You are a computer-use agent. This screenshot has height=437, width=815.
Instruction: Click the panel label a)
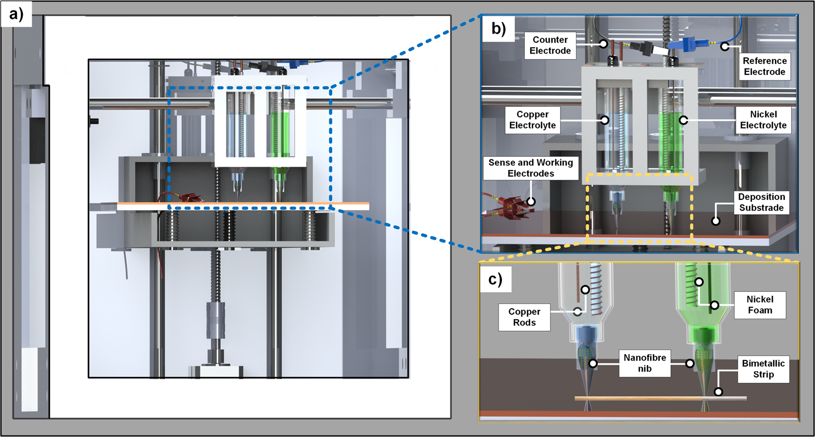(16, 14)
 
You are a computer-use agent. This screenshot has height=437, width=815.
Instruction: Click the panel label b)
(499, 29)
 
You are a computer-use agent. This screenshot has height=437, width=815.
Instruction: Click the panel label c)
(495, 280)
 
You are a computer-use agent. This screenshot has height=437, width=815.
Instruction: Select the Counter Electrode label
(550, 45)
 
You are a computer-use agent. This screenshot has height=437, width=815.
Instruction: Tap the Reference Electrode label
(764, 66)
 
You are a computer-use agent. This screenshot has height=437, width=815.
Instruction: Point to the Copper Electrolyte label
(532, 120)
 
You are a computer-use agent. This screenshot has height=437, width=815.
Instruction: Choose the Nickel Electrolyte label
(763, 120)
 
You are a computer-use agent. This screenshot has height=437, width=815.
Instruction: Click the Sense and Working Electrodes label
(530, 168)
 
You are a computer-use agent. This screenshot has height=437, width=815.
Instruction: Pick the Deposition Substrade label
(761, 202)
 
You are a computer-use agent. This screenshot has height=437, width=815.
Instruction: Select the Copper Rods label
(524, 317)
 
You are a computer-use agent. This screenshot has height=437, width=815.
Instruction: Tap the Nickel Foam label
(759, 305)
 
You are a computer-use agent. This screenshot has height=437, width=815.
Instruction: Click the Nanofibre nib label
(644, 363)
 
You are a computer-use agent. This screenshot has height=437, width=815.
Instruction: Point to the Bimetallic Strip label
(763, 369)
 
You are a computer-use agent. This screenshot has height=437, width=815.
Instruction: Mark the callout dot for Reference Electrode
(725, 47)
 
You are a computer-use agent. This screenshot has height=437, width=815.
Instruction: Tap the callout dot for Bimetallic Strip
(718, 392)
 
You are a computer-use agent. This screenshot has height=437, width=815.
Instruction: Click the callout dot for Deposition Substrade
(715, 221)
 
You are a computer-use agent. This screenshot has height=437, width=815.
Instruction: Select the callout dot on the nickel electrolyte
(684, 120)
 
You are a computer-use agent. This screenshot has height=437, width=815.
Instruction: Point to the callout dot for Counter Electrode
(603, 44)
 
